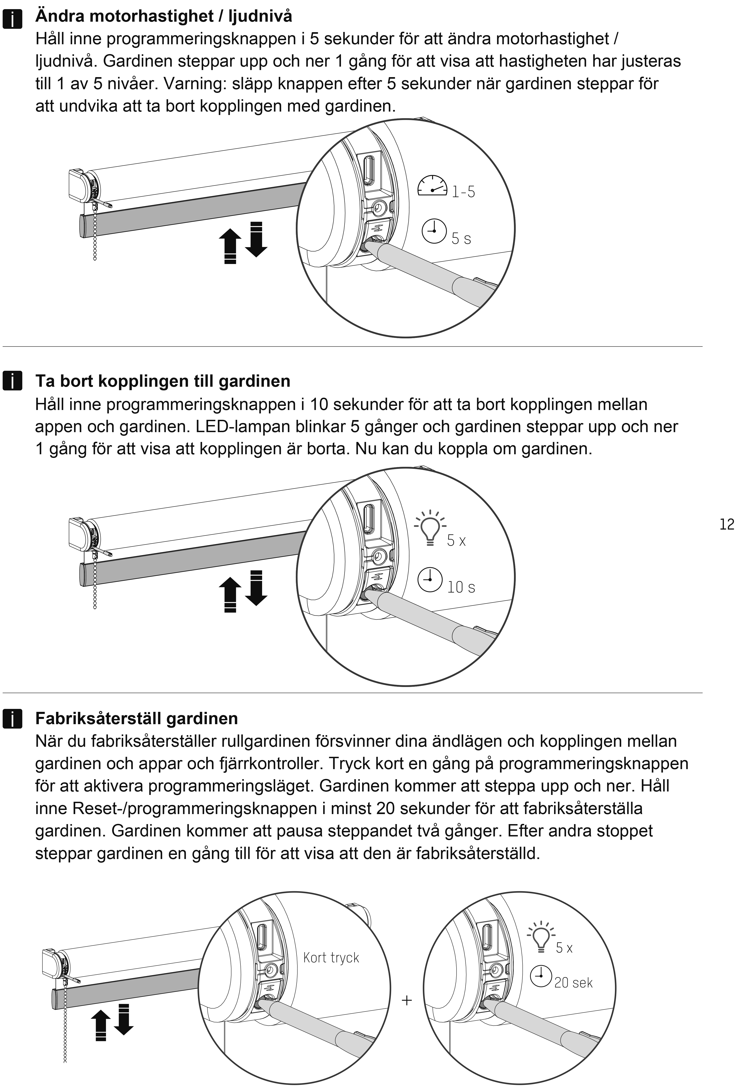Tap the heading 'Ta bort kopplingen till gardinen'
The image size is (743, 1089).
pyautogui.click(x=163, y=381)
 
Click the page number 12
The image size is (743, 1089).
pyautogui.click(x=727, y=524)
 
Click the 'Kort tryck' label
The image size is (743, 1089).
pyautogui.click(x=331, y=957)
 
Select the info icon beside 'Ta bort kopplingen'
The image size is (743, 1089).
pyautogui.click(x=12, y=381)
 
